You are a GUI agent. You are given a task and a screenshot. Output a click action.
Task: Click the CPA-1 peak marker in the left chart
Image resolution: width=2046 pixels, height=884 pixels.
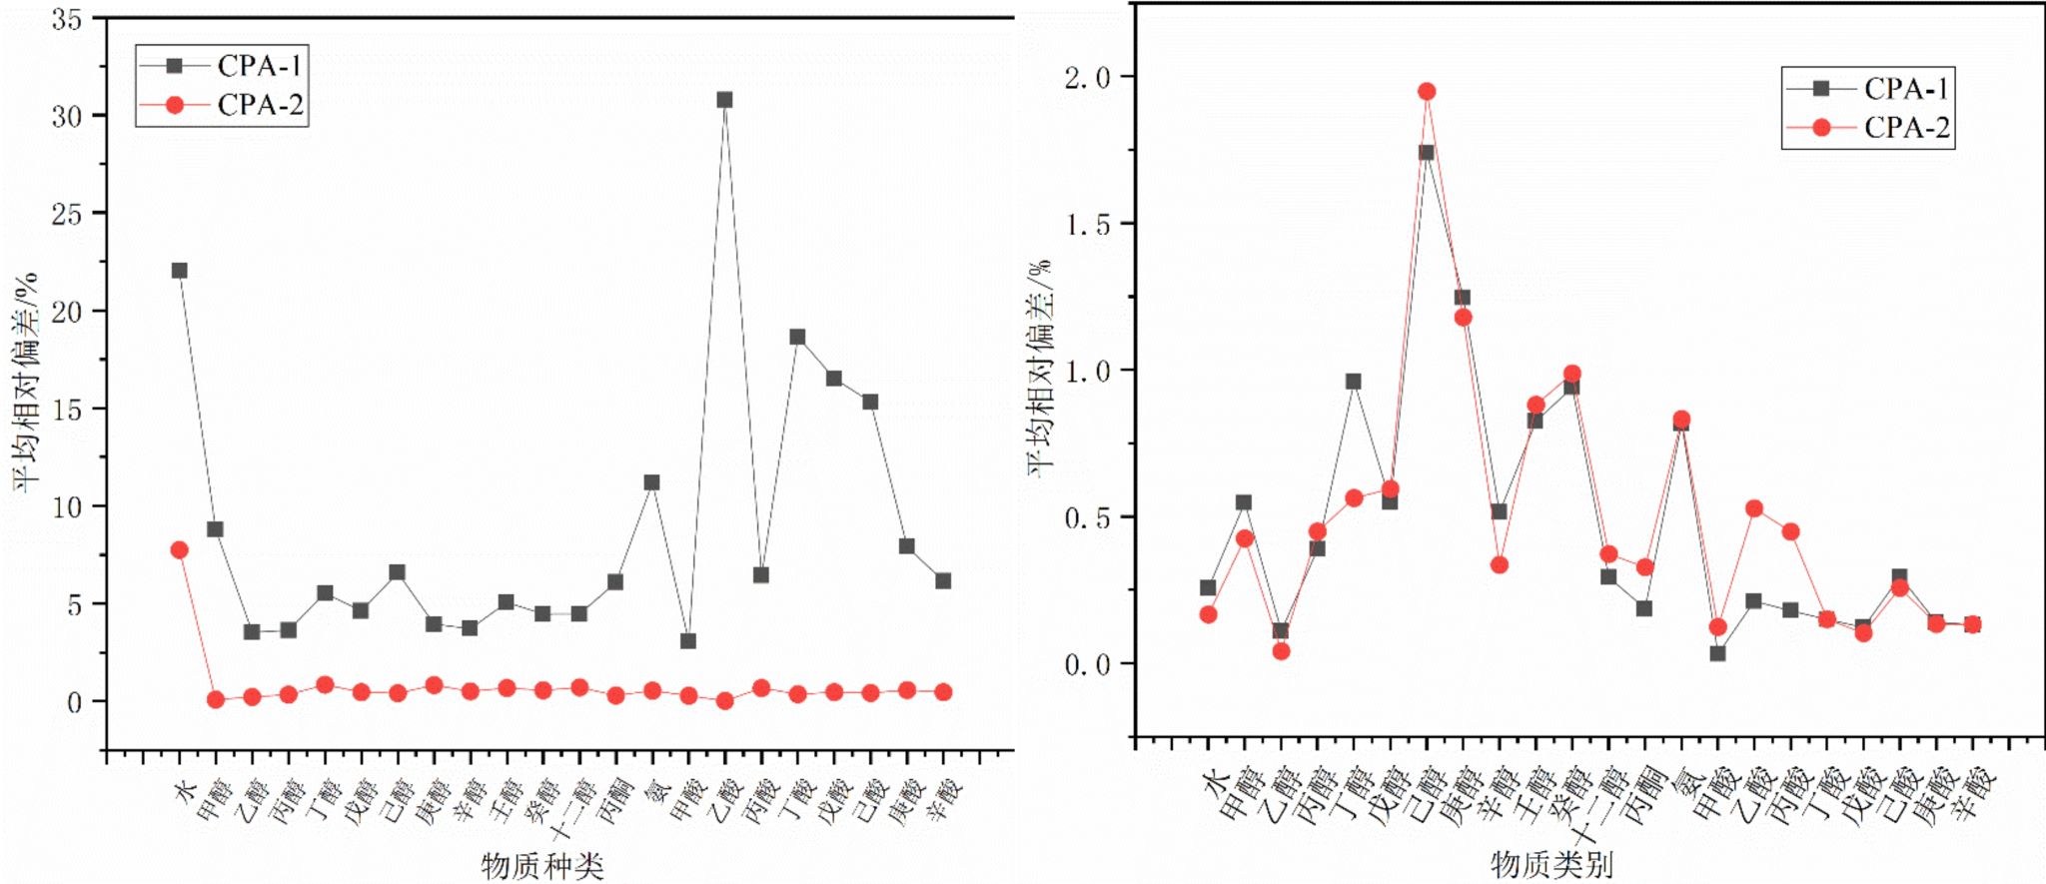pos(724,100)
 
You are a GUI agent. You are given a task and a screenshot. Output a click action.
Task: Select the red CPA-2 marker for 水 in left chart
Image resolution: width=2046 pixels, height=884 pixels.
pos(180,550)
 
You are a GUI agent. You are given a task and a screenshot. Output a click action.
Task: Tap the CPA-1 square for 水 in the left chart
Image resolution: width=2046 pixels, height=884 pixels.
pos(180,271)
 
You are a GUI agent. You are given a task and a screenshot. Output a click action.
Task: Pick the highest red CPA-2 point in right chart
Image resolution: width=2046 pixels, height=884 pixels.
pos(1427,92)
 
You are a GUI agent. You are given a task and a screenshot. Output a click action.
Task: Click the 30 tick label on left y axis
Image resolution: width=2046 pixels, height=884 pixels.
pos(67,116)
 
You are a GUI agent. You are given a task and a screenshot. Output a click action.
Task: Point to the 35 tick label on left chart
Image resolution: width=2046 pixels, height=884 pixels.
pos(67,19)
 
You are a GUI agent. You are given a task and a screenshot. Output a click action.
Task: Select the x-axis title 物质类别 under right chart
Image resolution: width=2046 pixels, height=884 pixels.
pos(1551,864)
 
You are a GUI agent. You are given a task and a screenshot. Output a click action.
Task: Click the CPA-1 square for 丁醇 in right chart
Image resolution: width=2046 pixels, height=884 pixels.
pos(1354,382)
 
